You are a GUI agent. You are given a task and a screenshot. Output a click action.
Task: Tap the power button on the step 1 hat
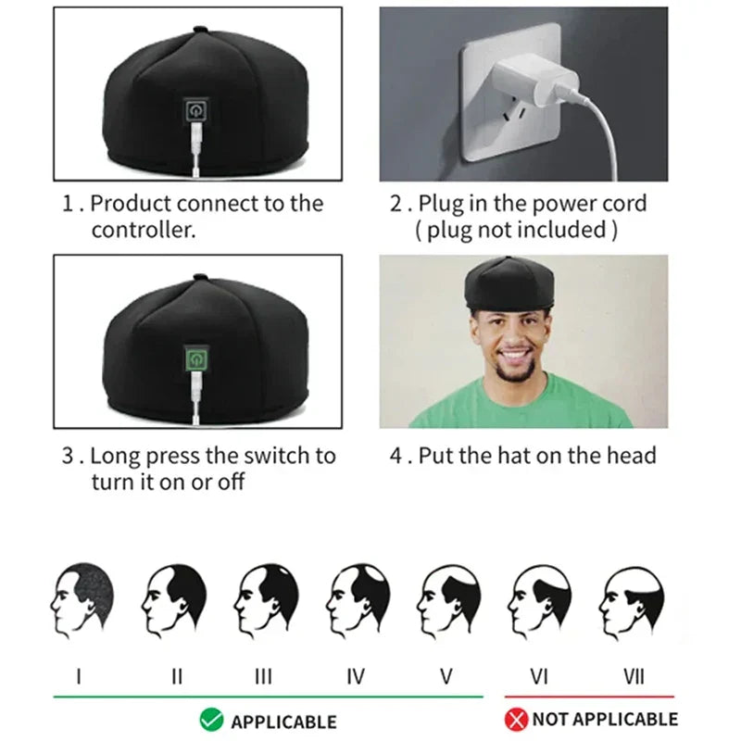[x=196, y=111]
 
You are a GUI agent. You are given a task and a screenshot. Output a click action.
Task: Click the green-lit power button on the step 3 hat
[x=196, y=358]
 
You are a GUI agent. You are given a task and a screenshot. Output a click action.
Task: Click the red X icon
[x=516, y=719]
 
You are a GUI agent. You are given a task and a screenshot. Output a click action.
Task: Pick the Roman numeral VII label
[x=634, y=676]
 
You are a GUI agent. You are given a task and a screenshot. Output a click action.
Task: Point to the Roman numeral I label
[x=78, y=676]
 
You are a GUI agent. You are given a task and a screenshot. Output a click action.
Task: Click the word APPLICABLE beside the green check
[x=283, y=721]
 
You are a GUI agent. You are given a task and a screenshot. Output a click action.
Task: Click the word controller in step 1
[x=144, y=231]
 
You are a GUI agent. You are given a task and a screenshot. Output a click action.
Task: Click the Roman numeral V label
[x=446, y=676]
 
